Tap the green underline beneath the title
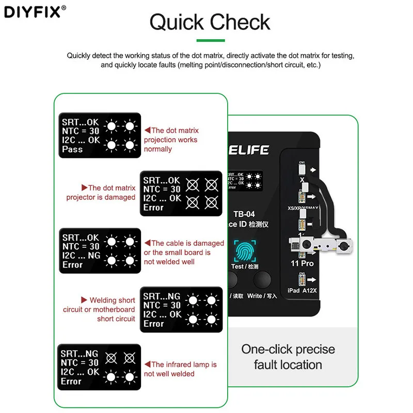click(210, 40)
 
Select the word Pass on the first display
click(72, 149)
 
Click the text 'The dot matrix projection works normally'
click(171, 140)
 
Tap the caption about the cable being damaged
click(184, 252)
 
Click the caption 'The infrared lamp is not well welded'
click(181, 369)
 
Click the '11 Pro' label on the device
click(302, 263)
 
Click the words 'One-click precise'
click(288, 349)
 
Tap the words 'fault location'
click(288, 365)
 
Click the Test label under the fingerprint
click(244, 266)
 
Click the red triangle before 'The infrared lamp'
click(147, 364)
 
